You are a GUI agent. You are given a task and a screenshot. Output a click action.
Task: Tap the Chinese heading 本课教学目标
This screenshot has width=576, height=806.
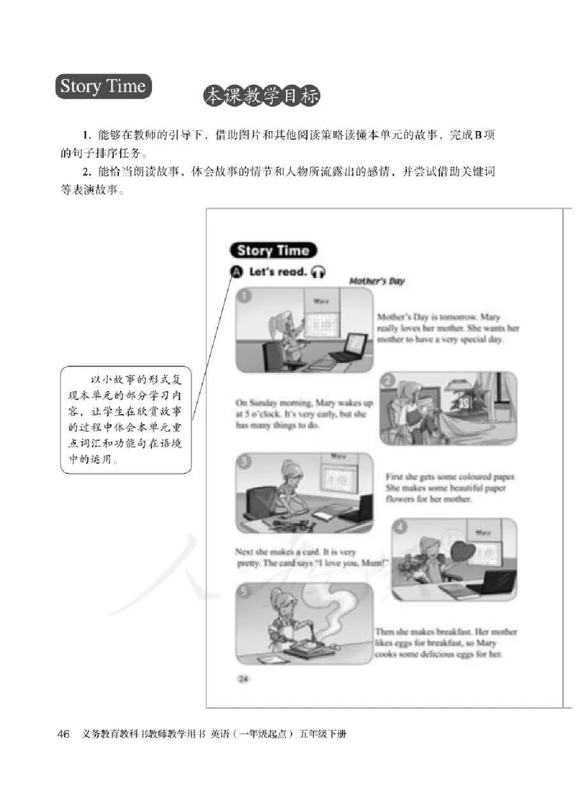tap(261, 97)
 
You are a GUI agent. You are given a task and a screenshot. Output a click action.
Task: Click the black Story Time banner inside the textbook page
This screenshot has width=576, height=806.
tap(273, 251)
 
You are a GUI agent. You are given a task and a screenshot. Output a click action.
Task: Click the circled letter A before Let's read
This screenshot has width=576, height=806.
tap(237, 272)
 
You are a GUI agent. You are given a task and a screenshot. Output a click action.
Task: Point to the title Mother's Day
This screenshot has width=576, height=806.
tap(377, 281)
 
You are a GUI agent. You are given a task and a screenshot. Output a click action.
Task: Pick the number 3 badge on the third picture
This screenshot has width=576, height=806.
tap(246, 462)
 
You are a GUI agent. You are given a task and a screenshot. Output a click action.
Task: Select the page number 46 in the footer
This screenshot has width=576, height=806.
tap(63, 734)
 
